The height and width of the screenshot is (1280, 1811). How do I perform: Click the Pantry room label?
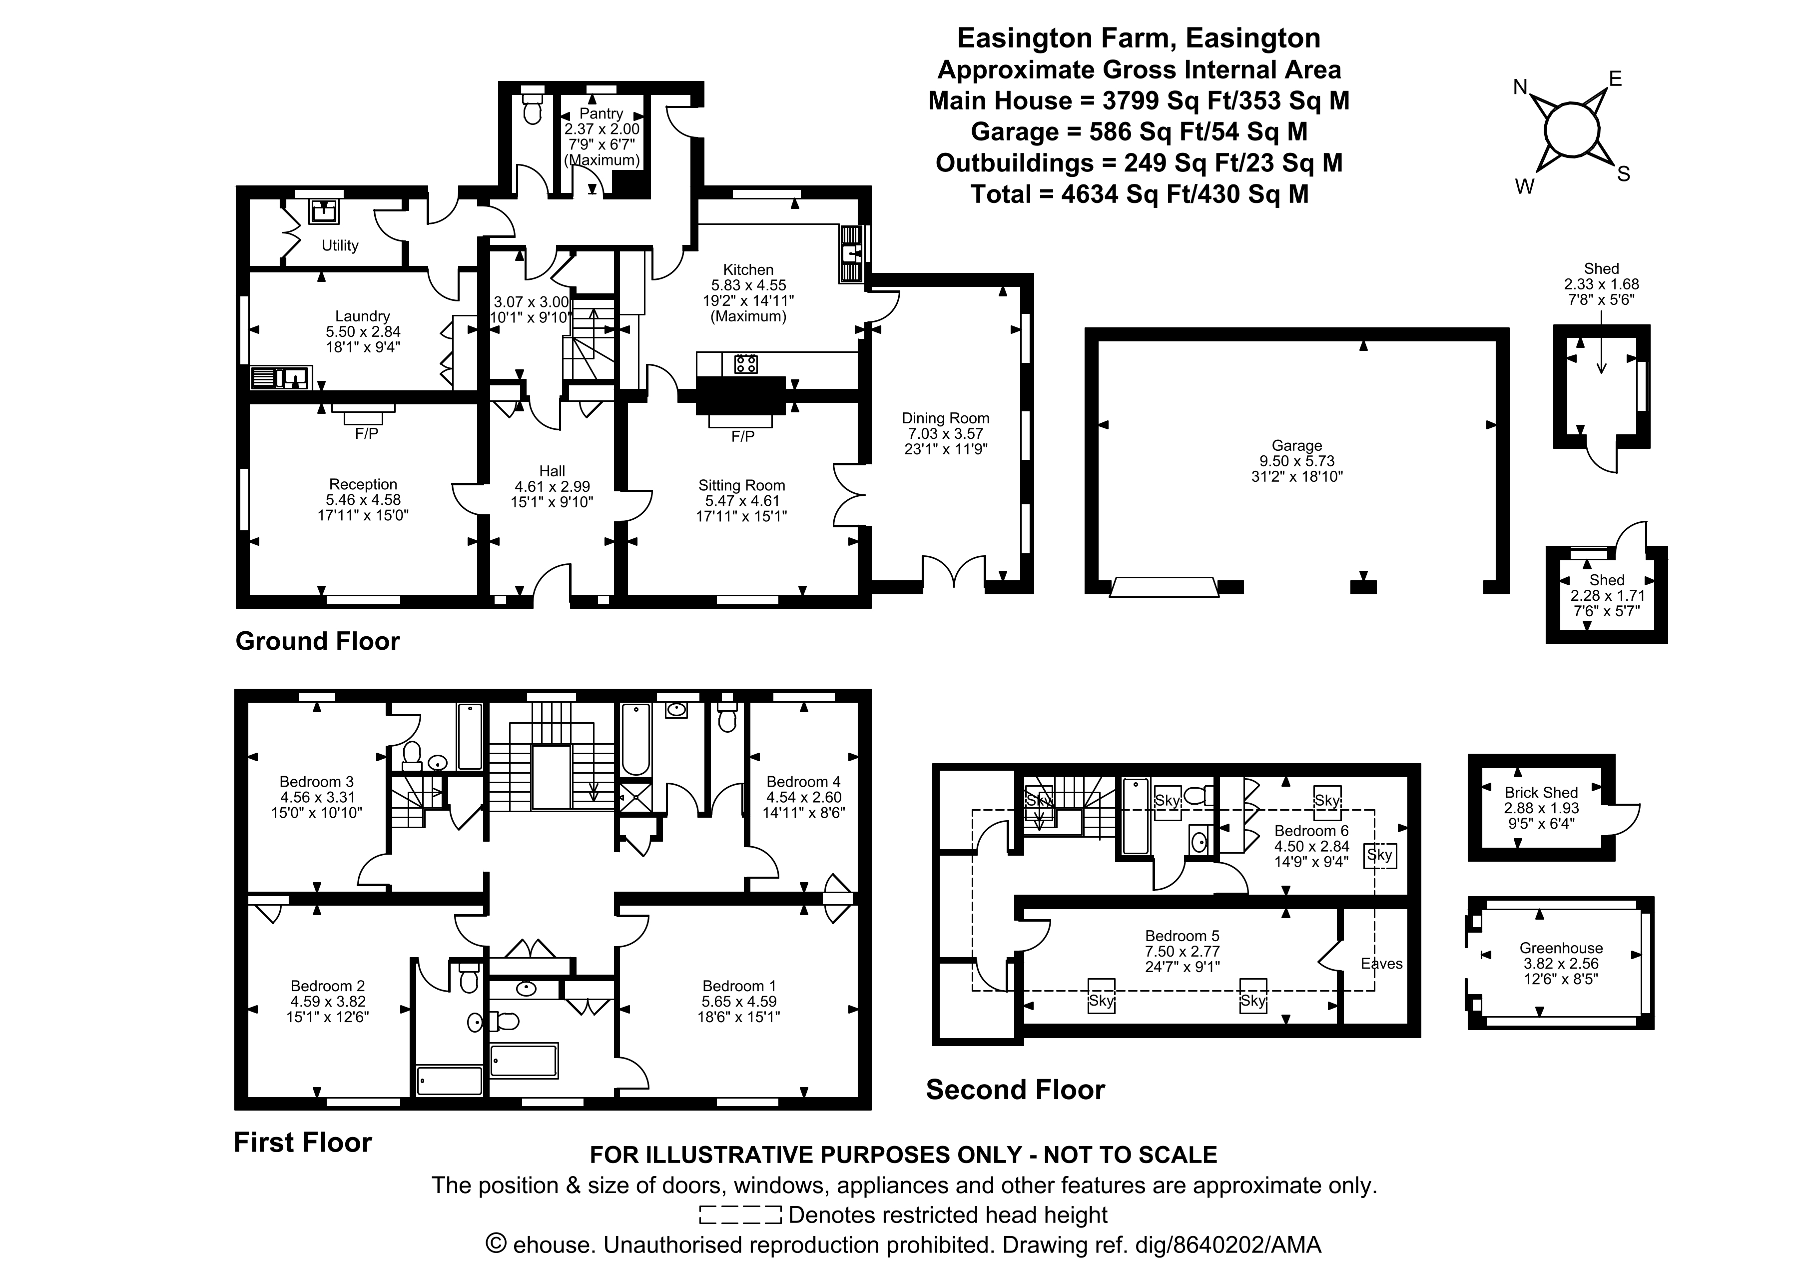click(x=601, y=113)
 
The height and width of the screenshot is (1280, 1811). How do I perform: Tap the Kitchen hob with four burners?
click(x=745, y=364)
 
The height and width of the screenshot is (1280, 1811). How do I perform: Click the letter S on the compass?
click(x=1623, y=174)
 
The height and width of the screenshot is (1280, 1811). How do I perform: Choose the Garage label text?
click(x=1296, y=446)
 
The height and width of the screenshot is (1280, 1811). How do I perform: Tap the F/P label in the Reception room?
click(x=367, y=433)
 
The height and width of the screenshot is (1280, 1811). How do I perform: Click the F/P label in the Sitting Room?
click(x=743, y=436)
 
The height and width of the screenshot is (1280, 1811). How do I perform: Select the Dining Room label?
click(x=945, y=418)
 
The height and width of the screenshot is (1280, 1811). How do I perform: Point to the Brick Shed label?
click(x=1540, y=792)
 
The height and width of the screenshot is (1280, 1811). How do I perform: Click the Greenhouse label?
click(x=1561, y=948)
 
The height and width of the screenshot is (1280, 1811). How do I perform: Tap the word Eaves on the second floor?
click(x=1382, y=964)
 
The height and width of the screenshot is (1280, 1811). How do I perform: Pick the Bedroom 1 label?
click(x=739, y=986)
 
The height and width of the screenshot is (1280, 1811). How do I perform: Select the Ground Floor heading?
click(x=318, y=641)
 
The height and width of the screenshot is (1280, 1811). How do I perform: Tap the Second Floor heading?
click(x=1015, y=1090)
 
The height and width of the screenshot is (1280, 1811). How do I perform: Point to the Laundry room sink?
click(x=282, y=378)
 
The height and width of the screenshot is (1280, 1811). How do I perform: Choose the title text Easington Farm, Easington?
click(x=1138, y=38)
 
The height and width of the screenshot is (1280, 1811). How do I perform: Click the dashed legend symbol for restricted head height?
click(x=740, y=1215)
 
